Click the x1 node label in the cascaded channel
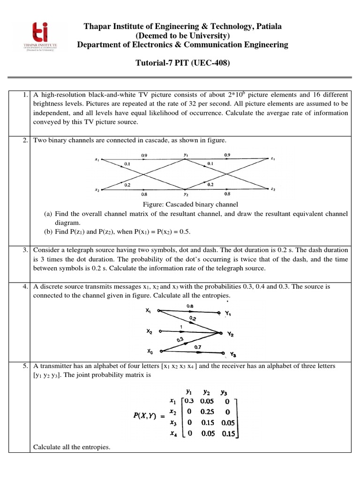point(97,159)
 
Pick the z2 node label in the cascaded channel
point(273,189)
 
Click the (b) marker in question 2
point(47,231)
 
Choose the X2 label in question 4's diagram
point(149,331)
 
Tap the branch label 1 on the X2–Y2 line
point(181,327)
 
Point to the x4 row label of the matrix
point(172,434)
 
